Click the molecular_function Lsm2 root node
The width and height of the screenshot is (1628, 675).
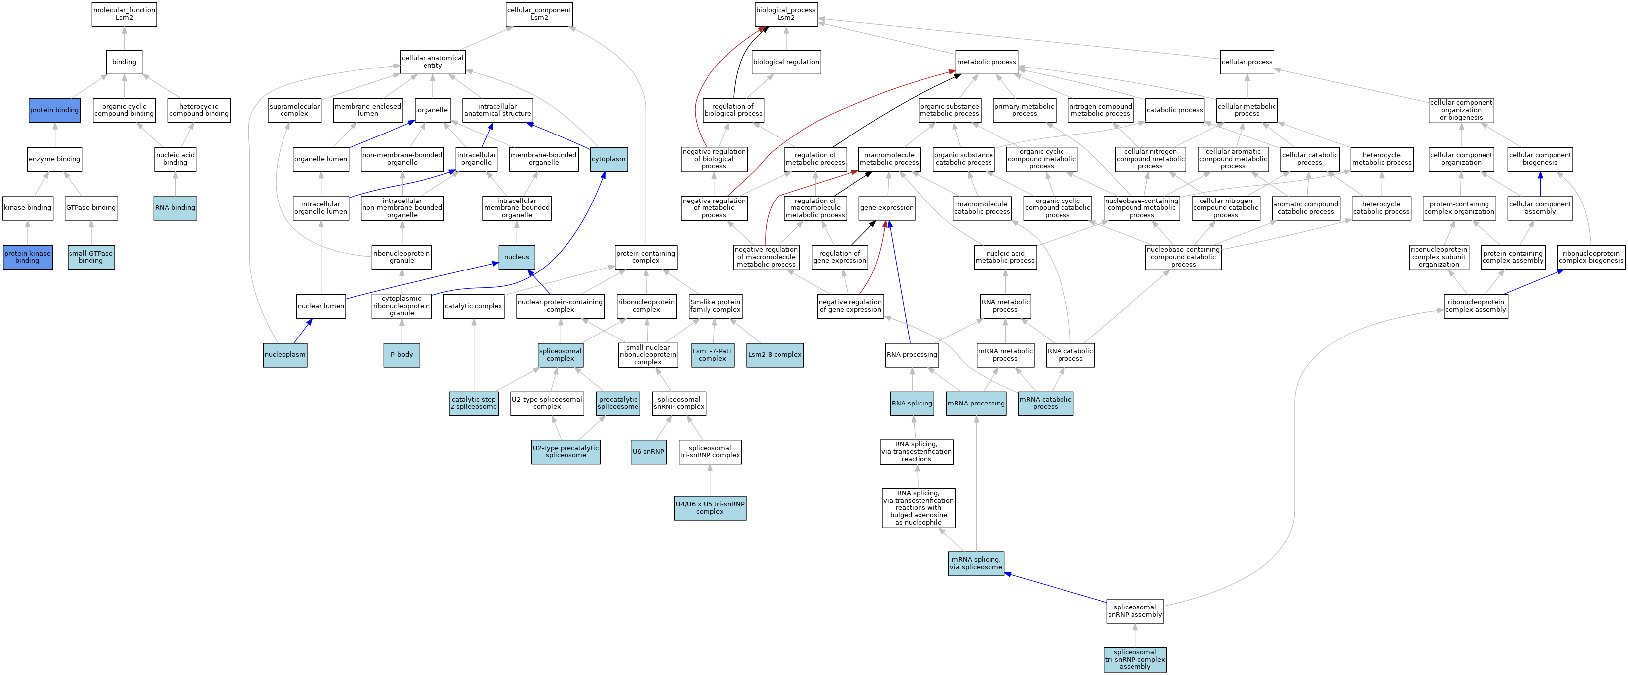coord(124,14)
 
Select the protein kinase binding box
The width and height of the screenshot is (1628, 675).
coord(27,257)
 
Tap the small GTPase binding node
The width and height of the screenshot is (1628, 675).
coord(91,257)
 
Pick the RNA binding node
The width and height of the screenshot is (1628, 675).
coord(175,208)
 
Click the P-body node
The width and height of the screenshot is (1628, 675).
coord(401,354)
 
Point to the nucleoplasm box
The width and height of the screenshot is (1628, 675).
coord(285,354)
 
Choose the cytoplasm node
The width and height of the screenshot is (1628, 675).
coord(609,159)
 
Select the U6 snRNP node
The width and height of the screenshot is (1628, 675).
coord(648,451)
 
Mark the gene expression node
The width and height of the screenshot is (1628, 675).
coord(887,208)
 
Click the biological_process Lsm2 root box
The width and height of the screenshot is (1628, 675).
coord(785,14)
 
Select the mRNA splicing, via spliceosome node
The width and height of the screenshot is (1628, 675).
coord(976,563)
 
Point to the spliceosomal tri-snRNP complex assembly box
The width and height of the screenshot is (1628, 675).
coord(1134,659)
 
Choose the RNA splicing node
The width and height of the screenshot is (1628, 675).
coord(912,403)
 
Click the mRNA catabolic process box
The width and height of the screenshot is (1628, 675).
coord(1045,403)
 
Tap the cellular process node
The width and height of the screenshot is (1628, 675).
coord(1246,62)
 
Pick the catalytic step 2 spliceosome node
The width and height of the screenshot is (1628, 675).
coord(473,403)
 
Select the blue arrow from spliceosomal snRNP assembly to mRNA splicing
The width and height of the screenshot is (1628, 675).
coord(1056,588)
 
